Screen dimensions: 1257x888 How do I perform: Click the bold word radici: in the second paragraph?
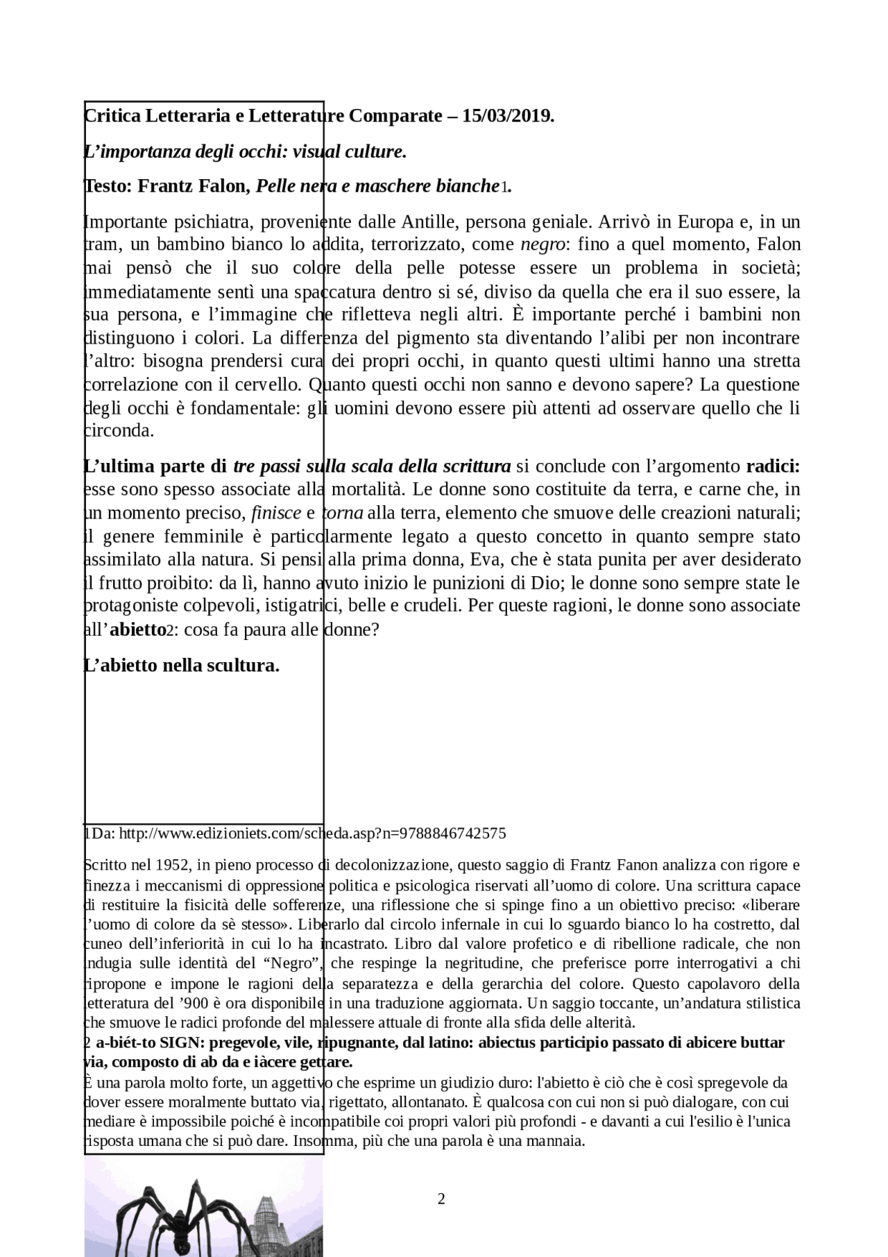click(773, 466)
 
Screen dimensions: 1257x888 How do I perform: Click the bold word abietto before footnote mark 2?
click(137, 630)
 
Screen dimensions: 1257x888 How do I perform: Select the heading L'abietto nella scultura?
click(182, 666)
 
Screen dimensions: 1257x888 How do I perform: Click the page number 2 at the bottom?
click(441, 1199)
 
